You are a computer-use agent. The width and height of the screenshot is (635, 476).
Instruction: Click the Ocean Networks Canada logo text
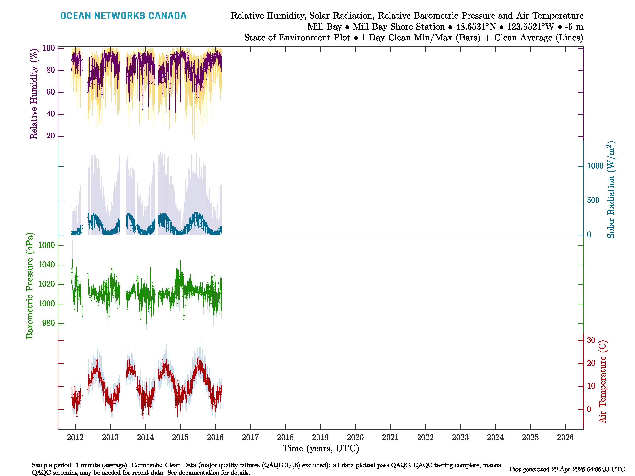coord(123,16)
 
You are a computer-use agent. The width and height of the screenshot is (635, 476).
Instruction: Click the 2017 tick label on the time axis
coord(250,437)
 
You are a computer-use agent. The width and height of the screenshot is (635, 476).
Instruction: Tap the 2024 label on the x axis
coord(495,437)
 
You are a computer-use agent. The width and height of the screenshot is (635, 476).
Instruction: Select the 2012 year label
coord(75,437)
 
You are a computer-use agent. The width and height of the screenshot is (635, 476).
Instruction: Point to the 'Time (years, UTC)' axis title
coord(321,448)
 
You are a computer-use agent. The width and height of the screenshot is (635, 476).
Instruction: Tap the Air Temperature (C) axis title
coord(603,382)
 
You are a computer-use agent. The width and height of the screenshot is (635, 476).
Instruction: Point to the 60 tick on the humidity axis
coord(51,92)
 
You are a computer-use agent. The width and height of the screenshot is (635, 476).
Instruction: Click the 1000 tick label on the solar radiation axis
coord(595,166)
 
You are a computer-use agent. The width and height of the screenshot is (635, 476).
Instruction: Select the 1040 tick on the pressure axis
coord(46,265)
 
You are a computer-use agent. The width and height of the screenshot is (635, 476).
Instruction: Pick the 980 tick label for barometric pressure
coord(48,323)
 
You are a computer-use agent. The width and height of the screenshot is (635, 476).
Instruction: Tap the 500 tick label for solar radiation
coord(593,200)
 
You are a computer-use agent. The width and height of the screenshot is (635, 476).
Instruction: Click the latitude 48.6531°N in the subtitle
coord(476,27)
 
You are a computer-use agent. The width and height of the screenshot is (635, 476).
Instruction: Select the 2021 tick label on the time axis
coord(390,437)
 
